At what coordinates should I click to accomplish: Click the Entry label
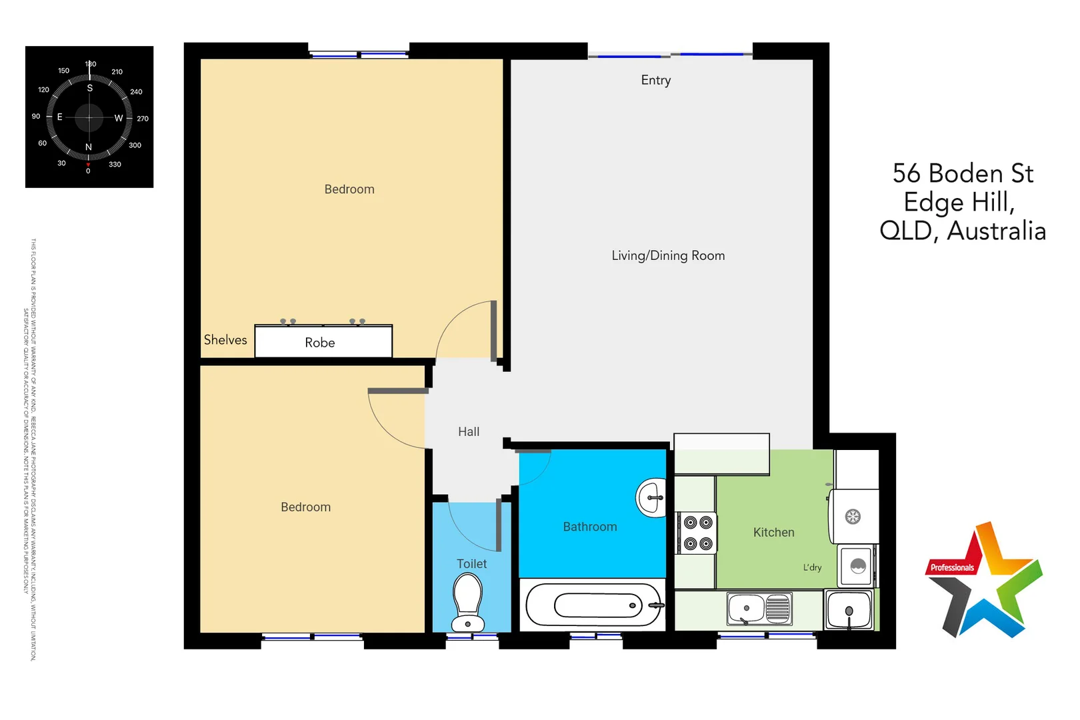click(x=655, y=80)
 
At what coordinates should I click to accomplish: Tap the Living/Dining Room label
click(x=668, y=255)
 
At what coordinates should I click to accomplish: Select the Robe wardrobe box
click(x=323, y=341)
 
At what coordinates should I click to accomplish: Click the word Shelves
click(x=225, y=340)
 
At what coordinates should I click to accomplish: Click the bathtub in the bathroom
click(x=593, y=605)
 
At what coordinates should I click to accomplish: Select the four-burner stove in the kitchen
click(x=697, y=533)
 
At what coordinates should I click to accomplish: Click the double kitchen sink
click(x=759, y=608)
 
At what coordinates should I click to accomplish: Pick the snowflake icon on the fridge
click(x=853, y=516)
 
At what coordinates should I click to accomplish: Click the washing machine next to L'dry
click(x=857, y=567)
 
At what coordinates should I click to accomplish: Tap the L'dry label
click(x=812, y=567)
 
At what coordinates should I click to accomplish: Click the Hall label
click(x=469, y=432)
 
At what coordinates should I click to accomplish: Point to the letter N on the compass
click(x=89, y=147)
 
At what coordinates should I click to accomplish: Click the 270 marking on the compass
click(x=143, y=119)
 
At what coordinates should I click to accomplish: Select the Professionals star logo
click(x=983, y=581)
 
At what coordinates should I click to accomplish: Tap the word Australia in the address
click(x=996, y=231)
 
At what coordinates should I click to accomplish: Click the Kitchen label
click(x=773, y=532)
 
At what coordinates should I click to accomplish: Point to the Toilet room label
click(x=471, y=564)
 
